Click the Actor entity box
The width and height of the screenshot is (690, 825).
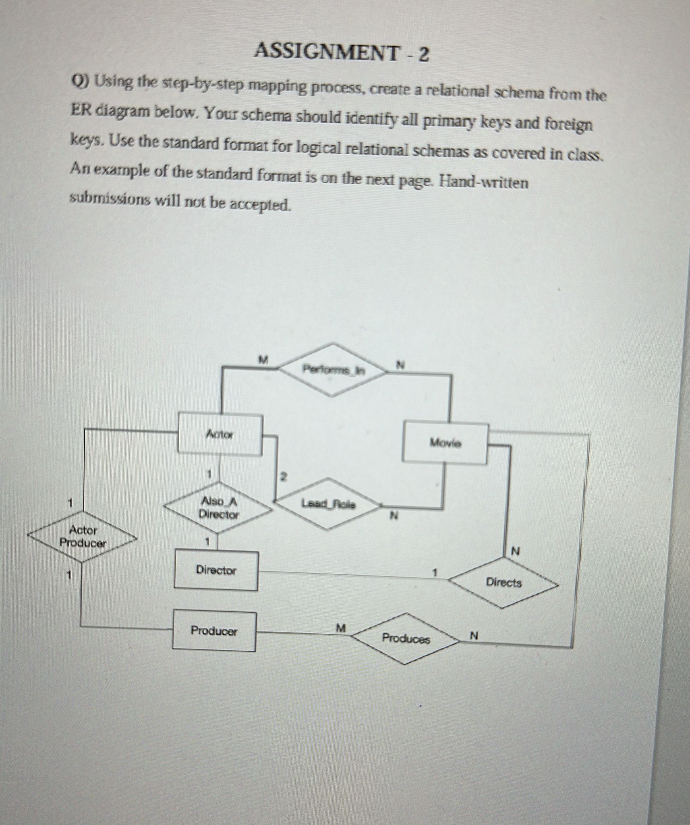point(220,434)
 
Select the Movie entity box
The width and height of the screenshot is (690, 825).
point(445,443)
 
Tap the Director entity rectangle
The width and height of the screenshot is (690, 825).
point(216,570)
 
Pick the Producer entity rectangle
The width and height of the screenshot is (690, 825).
point(214,631)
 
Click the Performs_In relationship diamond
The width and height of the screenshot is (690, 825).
point(333,370)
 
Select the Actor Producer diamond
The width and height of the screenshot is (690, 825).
point(83,536)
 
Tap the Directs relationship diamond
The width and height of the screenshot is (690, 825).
point(504,582)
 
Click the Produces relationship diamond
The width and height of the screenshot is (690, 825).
point(406,638)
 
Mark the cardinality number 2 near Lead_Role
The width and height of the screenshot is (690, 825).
point(283,477)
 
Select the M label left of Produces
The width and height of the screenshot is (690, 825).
point(341,628)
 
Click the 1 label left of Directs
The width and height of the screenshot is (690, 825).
point(435,572)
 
